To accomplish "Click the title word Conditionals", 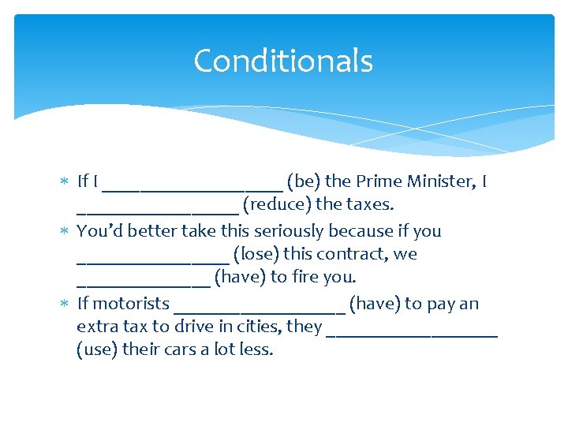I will click(x=283, y=61).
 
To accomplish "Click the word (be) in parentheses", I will click(x=301, y=181).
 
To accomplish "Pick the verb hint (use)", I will click(x=97, y=349).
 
